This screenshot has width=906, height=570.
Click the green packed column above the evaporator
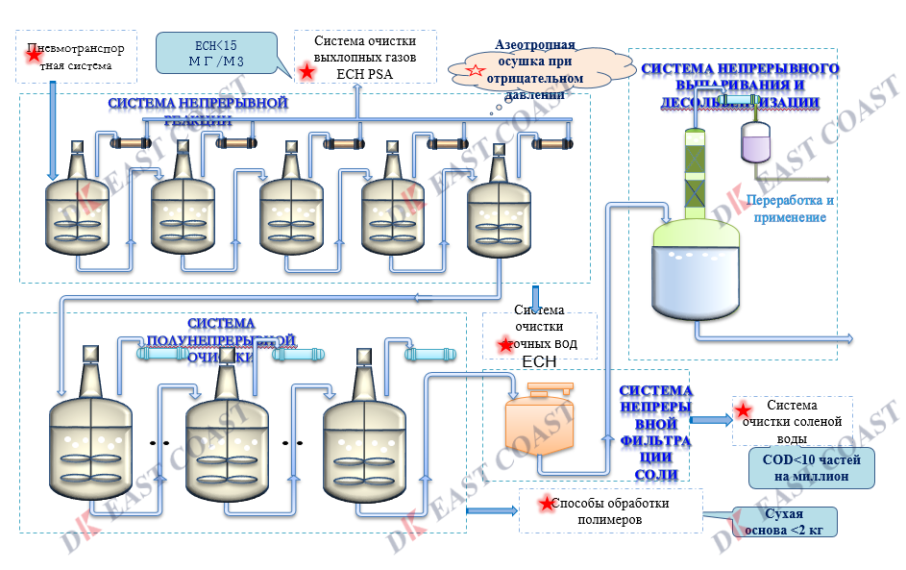pyautogui.click(x=694, y=174)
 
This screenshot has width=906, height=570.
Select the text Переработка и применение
pyautogui.click(x=789, y=209)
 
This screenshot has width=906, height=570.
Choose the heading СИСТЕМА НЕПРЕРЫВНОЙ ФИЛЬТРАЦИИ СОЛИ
pyautogui.click(x=656, y=434)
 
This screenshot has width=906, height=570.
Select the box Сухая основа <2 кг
pyautogui.click(x=783, y=522)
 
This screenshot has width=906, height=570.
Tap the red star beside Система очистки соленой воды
pyautogui.click(x=743, y=411)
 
